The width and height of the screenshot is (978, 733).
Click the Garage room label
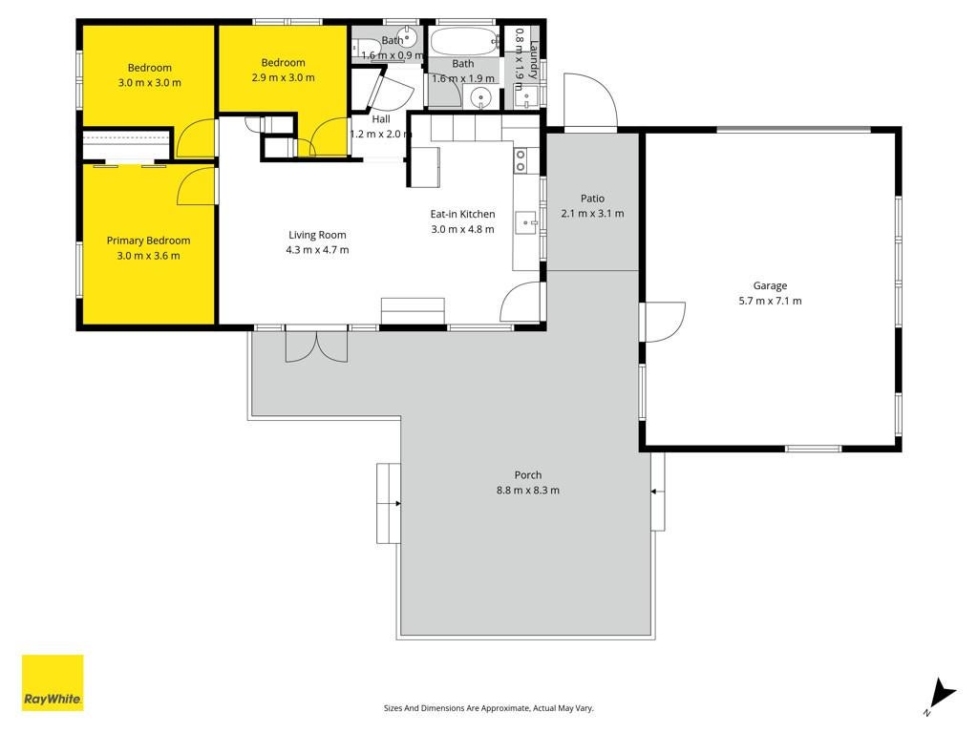pos(770,285)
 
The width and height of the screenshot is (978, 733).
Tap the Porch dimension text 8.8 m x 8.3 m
pos(527,490)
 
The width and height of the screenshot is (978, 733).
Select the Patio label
pos(592,199)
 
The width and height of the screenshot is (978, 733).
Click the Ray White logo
pos(53,682)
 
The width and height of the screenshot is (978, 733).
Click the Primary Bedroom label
pos(148,241)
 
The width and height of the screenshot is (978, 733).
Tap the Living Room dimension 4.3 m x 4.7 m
pos(317,250)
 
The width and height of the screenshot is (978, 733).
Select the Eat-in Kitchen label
pos(463,214)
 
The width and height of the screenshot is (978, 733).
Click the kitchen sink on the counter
pos(526,222)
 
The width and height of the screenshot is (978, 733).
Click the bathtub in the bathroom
pos(464,42)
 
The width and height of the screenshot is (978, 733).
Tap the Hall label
pos(381,119)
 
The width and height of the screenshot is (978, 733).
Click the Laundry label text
pos(533,60)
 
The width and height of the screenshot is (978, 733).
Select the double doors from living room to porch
pos(317,346)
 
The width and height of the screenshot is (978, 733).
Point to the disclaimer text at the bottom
pos(488,708)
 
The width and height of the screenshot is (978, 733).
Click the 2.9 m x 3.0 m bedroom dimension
pos(283,78)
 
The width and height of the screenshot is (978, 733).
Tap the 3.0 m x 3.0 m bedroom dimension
pos(150,83)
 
